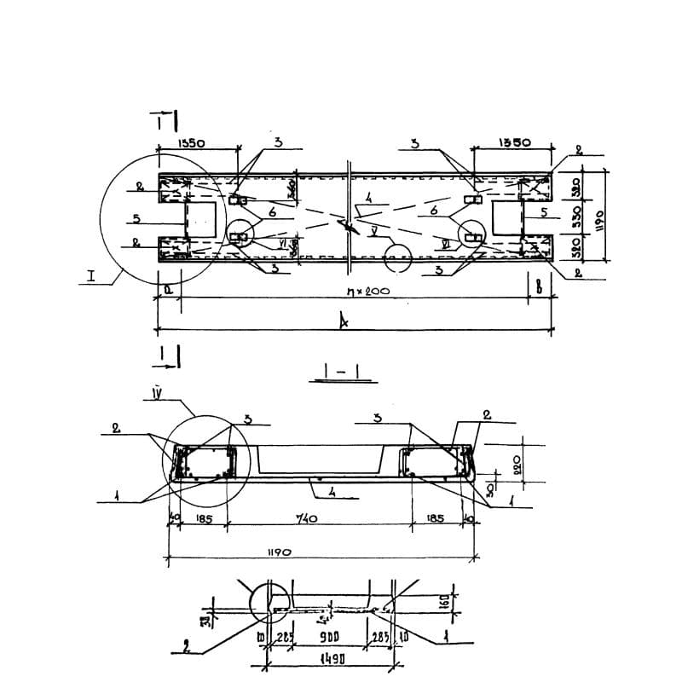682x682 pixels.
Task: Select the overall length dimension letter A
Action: (x=344, y=321)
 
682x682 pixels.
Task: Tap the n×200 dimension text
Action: (x=368, y=292)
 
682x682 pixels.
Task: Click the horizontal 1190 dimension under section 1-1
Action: (x=278, y=552)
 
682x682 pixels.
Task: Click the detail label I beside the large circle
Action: (x=90, y=278)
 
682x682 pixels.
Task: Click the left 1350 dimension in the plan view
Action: (x=189, y=144)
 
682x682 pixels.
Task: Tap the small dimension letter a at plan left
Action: (x=169, y=290)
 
